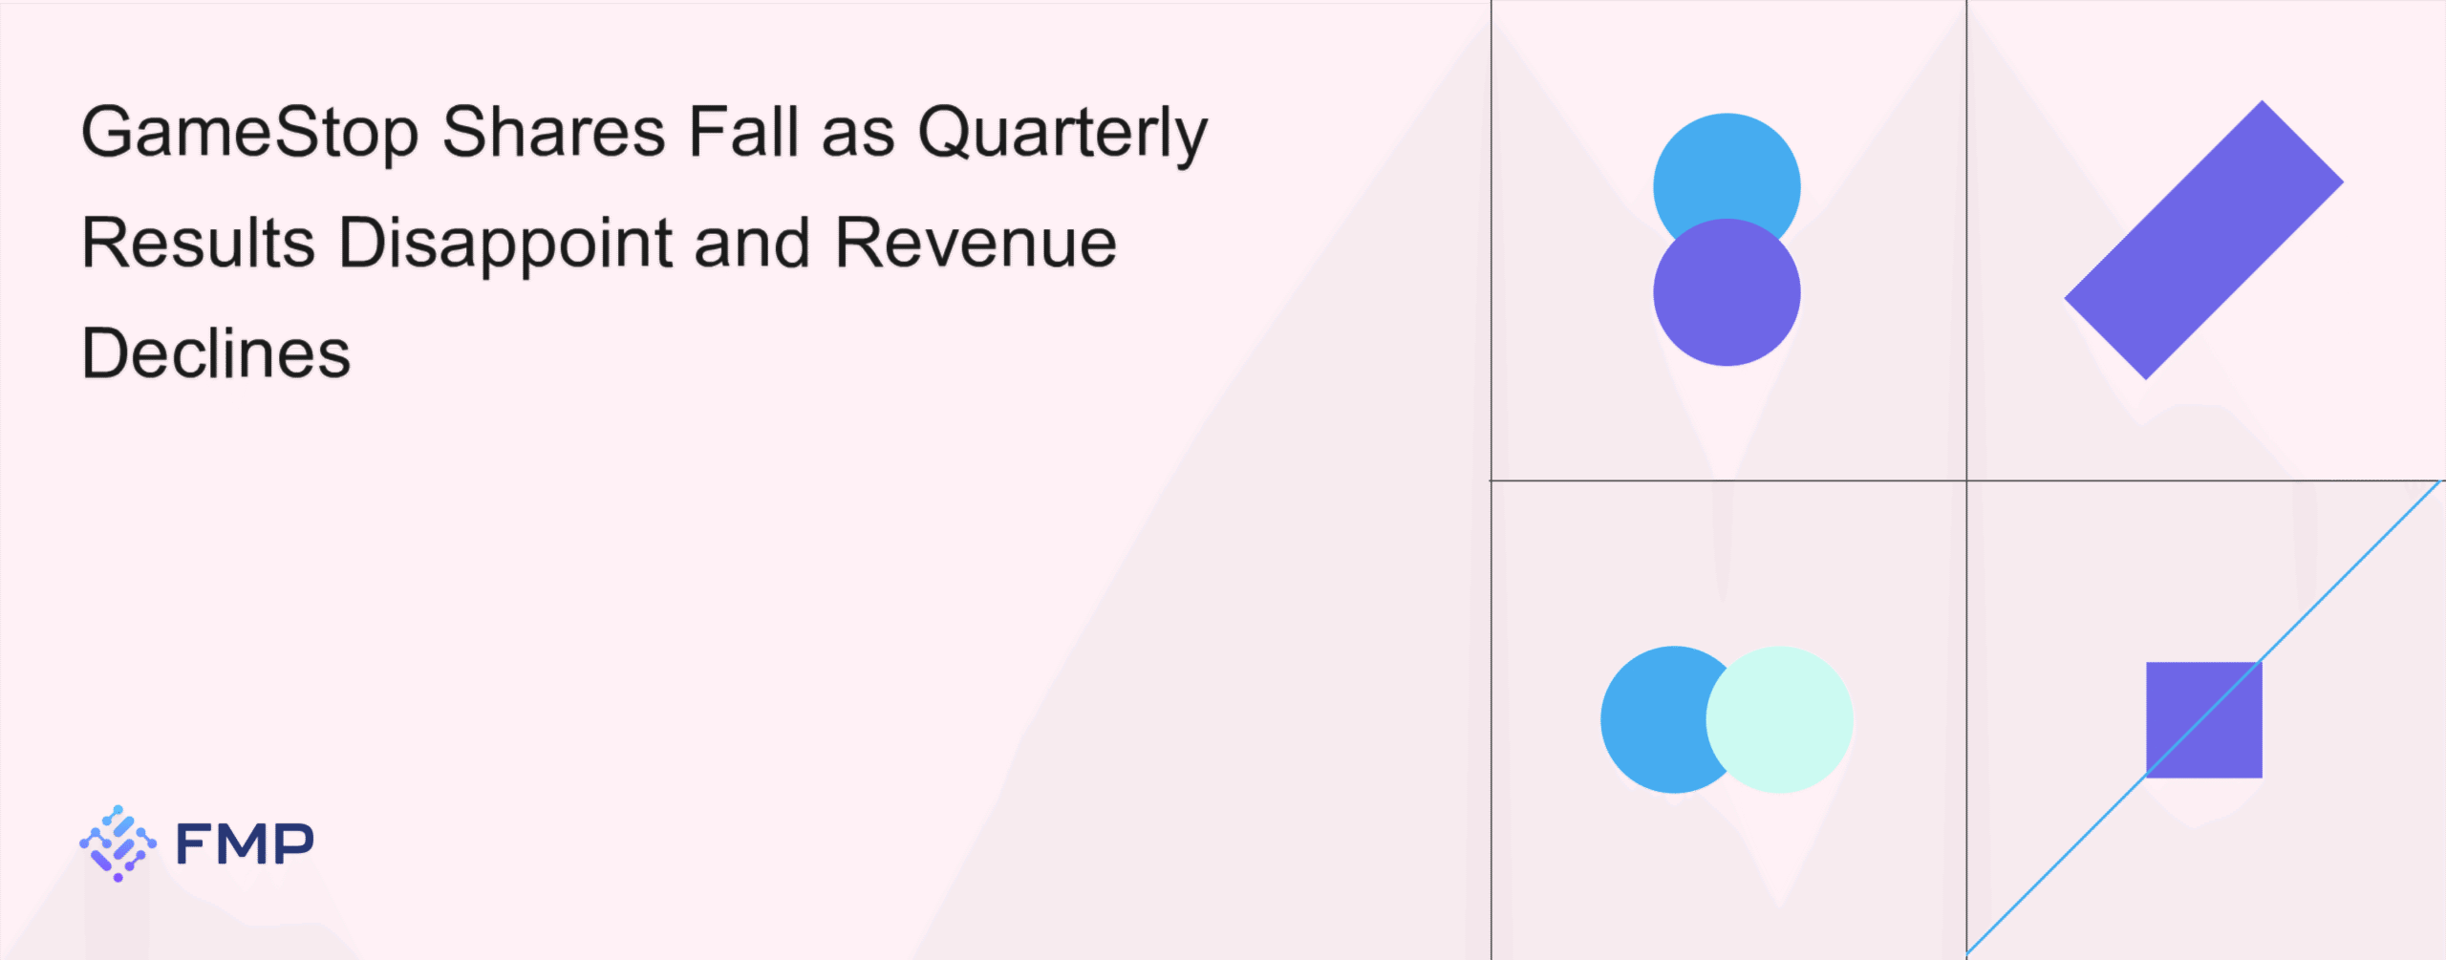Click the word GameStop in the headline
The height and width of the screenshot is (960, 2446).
[x=250, y=133]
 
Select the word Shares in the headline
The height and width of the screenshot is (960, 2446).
[x=554, y=131]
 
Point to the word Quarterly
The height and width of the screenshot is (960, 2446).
[x=1063, y=134]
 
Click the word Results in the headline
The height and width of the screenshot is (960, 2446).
[x=199, y=242]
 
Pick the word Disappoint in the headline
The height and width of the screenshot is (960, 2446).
[x=506, y=245]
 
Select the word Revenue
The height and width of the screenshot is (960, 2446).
[x=976, y=243]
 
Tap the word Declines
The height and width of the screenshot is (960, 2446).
[x=217, y=352]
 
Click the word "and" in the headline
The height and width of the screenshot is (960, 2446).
[x=755, y=242]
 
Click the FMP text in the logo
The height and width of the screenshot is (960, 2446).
[x=246, y=843]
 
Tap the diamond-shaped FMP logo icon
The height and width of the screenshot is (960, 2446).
[x=118, y=843]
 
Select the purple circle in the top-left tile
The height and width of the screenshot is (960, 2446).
[x=1727, y=292]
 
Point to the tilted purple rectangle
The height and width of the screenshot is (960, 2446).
[x=2203, y=240]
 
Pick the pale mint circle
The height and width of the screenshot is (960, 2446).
[x=1779, y=719]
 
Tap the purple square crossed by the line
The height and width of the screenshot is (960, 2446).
[x=2204, y=719]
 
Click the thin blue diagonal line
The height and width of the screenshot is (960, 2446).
[x=2204, y=718]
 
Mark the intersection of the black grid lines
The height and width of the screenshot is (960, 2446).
[x=1966, y=480]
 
